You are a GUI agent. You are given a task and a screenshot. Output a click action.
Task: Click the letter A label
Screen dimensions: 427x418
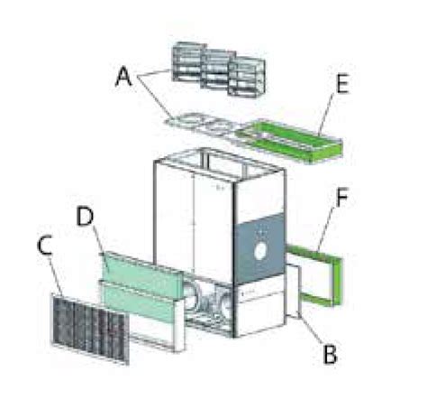point(123,77)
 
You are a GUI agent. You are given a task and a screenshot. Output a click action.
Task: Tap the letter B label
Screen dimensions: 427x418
point(330,353)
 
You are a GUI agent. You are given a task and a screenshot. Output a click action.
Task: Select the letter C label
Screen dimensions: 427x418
point(45,246)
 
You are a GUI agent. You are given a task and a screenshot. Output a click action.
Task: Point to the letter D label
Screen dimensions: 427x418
point(85,217)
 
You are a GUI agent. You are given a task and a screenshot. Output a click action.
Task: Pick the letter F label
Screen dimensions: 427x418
point(341,197)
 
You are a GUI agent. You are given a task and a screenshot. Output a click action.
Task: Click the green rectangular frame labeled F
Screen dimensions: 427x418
point(337,281)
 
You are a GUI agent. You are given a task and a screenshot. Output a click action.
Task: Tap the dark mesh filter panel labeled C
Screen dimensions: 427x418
point(91,328)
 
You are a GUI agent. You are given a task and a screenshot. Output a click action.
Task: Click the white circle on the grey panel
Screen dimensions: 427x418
point(260,251)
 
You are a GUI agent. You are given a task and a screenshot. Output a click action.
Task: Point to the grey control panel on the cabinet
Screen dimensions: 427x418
point(259,248)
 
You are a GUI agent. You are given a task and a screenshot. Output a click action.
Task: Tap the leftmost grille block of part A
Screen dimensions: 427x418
point(188,62)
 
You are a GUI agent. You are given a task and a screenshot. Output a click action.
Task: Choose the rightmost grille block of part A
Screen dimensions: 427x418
point(247,76)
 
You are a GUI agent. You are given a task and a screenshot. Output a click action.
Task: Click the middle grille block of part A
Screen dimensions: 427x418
point(217,70)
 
